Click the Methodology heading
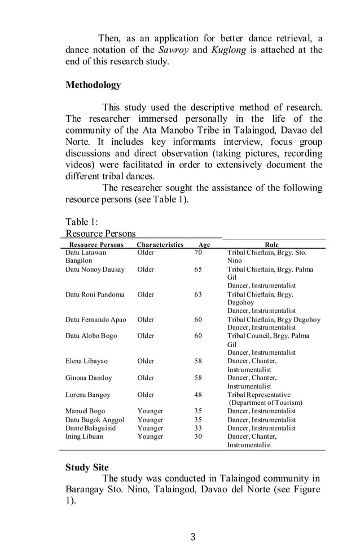click(x=93, y=85)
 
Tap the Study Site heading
click(x=87, y=467)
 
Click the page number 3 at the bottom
click(x=193, y=537)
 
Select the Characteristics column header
click(x=160, y=245)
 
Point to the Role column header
click(x=271, y=245)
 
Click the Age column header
click(x=204, y=245)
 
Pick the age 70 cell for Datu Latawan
click(x=198, y=253)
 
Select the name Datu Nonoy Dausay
click(x=95, y=270)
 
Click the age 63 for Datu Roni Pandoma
click(x=198, y=294)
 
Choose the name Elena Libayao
click(x=86, y=361)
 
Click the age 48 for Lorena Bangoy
click(x=198, y=395)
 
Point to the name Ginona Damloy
click(x=89, y=378)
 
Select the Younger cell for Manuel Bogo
click(x=150, y=412)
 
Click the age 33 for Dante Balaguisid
click(x=198, y=428)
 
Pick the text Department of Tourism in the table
click(x=266, y=403)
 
